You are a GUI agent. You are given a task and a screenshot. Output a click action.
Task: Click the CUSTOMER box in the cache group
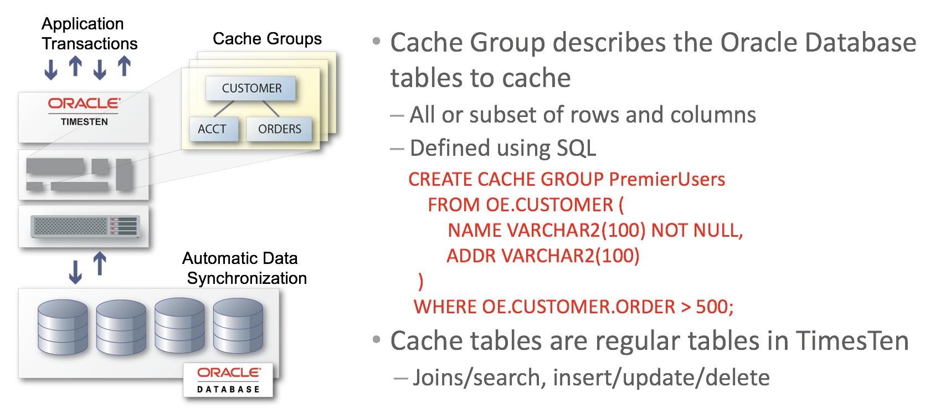coord(251,89)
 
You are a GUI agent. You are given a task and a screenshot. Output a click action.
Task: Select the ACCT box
coord(212,129)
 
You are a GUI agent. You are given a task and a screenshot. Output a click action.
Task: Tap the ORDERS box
coord(279,129)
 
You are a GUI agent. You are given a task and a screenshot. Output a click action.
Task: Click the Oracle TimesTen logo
coord(84,111)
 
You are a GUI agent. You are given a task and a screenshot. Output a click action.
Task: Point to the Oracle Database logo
coord(229,380)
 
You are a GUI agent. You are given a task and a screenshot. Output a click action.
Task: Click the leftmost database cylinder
coord(63,327)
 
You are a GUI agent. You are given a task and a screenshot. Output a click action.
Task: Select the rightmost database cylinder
coord(238,326)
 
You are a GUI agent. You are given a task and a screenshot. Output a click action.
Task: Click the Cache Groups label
coord(267,39)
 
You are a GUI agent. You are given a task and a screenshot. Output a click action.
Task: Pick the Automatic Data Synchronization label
coord(244,268)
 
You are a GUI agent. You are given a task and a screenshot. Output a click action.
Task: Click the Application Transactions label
coord(89,34)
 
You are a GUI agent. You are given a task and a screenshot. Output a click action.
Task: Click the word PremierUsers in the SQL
coord(667,179)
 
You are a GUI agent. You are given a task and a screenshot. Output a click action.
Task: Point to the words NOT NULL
coord(696,230)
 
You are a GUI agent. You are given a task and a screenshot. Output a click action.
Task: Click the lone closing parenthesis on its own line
coord(421,281)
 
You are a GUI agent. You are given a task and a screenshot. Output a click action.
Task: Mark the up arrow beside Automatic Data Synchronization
coord(100,263)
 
